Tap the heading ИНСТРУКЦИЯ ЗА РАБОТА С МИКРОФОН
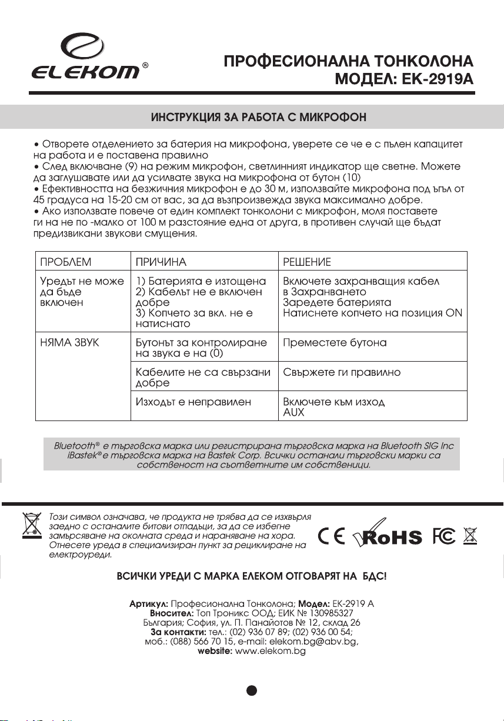[x=259, y=117]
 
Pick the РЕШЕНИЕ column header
[x=306, y=261]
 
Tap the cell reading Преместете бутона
[x=335, y=343]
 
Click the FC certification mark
[x=443, y=536]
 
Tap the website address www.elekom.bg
[x=270, y=652]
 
